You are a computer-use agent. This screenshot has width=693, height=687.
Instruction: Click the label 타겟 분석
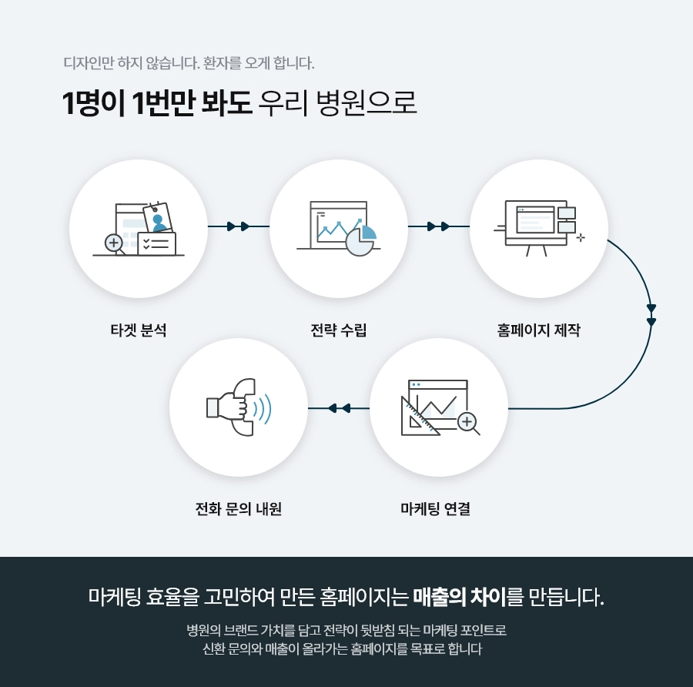tap(139, 330)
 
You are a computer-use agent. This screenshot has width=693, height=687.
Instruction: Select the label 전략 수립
tap(339, 330)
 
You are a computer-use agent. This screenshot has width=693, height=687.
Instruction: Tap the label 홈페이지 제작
tap(538, 330)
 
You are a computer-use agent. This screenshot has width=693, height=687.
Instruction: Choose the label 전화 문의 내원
tap(239, 509)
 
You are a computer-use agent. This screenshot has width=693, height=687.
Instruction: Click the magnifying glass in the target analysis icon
tap(115, 244)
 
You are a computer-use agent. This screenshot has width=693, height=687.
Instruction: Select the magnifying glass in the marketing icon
tap(468, 422)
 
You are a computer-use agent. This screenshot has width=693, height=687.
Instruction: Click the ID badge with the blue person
tap(158, 218)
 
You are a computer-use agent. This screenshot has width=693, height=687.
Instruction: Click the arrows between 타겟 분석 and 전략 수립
tap(239, 226)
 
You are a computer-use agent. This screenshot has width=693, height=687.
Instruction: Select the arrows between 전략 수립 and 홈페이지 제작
tap(438, 226)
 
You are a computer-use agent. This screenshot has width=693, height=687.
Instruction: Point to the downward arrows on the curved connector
tap(651, 315)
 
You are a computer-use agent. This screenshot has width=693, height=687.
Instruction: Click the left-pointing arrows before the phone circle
tap(339, 407)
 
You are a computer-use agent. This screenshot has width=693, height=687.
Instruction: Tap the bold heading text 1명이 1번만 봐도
tap(158, 103)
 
